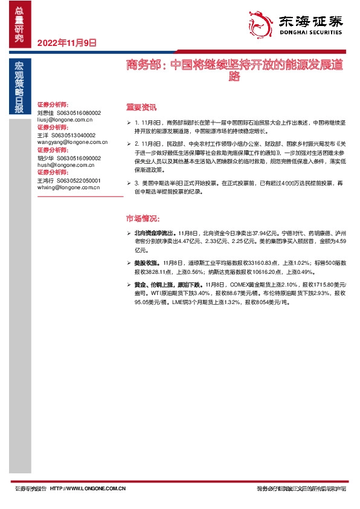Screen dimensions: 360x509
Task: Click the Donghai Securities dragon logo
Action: tap(260, 24)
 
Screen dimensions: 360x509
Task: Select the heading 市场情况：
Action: tap(142, 218)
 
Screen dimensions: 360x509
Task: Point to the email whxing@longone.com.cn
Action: tap(68, 187)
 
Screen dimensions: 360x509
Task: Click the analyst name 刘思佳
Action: tap(45, 113)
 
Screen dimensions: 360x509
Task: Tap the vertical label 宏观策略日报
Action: tap(19, 88)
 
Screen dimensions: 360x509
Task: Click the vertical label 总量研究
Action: tap(19, 24)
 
